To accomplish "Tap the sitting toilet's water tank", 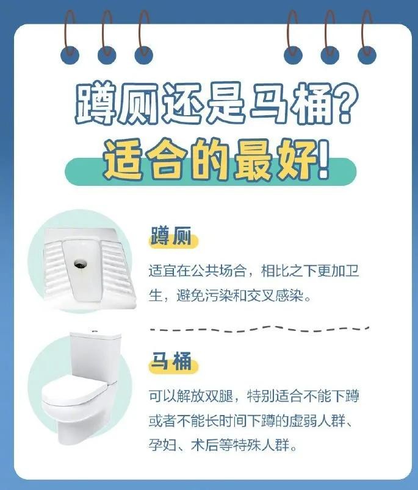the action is (x=95, y=357).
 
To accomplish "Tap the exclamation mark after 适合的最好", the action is (x=323, y=160).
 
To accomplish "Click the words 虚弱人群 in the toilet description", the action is (x=317, y=421).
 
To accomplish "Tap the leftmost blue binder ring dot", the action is (x=70, y=55).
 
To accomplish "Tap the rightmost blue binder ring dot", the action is (x=367, y=55).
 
